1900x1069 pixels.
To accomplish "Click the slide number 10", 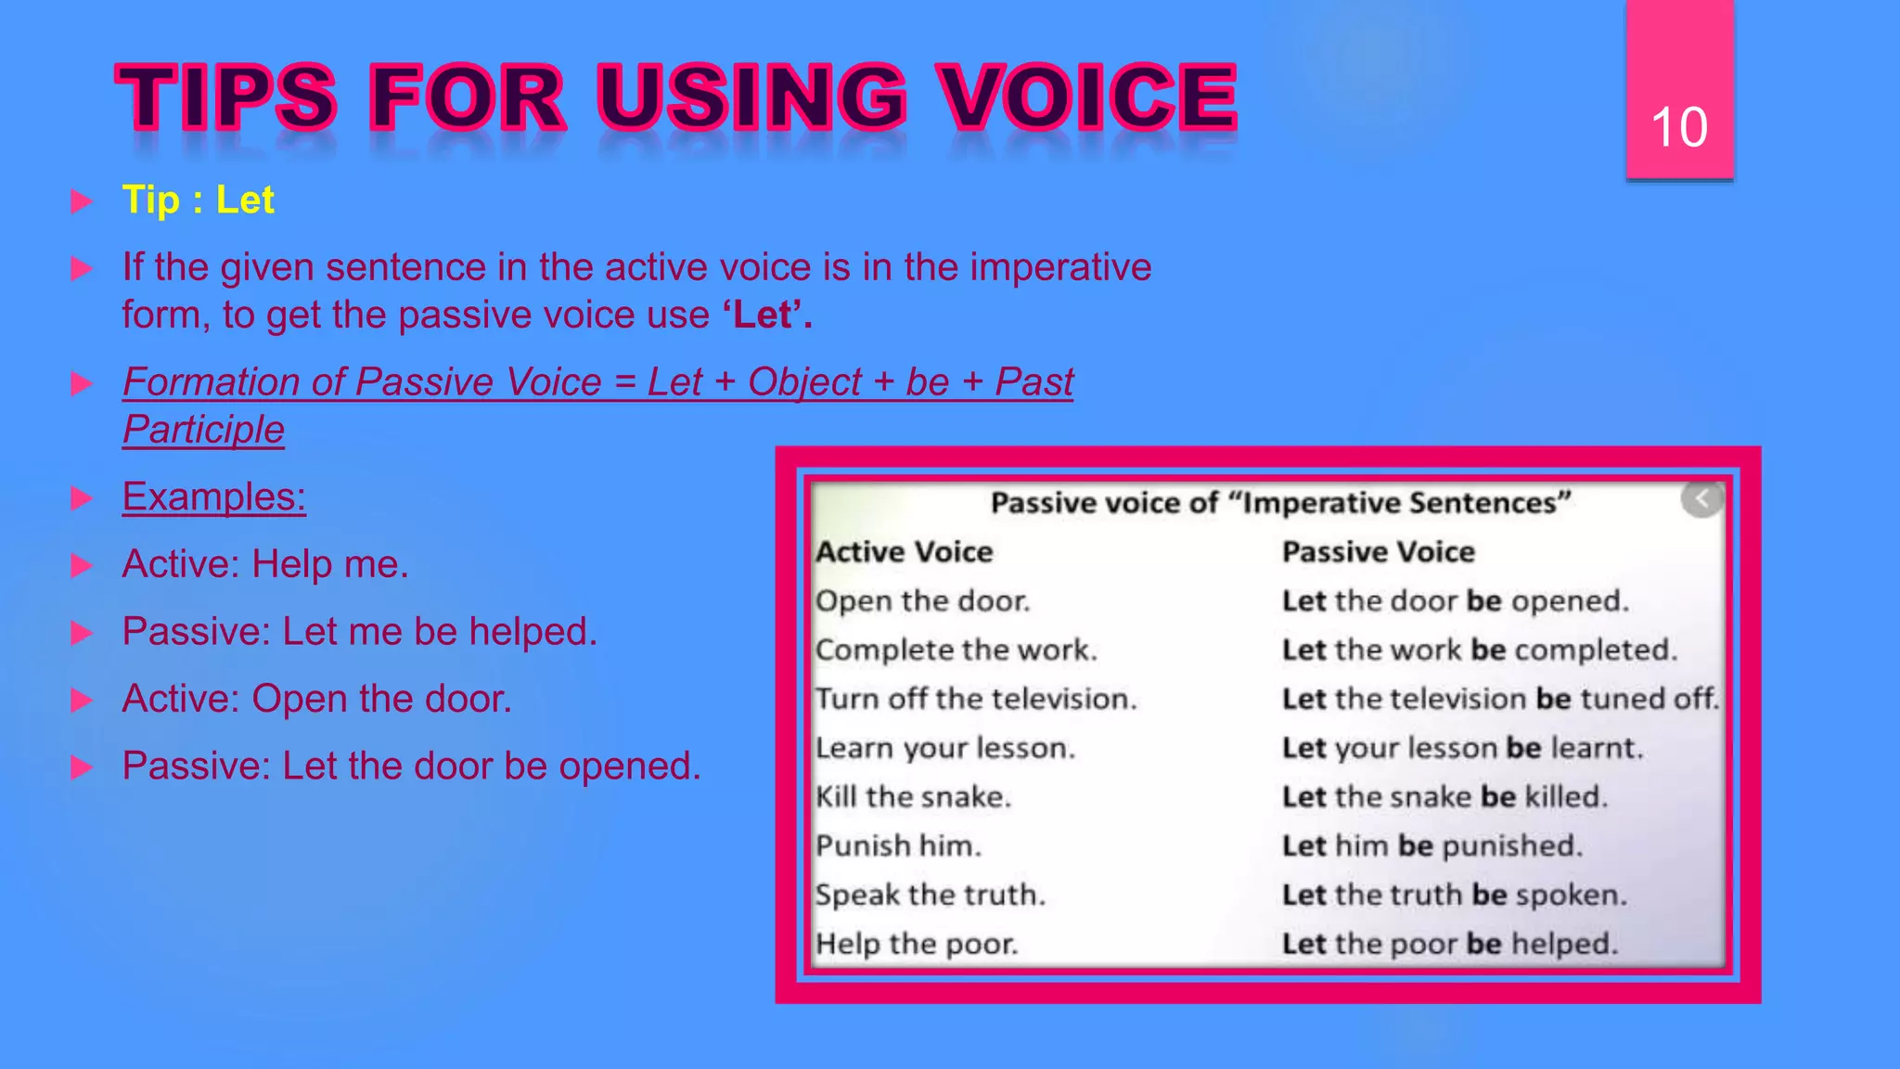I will click(x=1678, y=127).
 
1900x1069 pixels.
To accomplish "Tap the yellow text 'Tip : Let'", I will click(x=198, y=200).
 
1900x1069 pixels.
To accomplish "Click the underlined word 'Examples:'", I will click(x=214, y=497).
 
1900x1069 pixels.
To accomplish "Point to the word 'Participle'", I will click(x=203, y=430).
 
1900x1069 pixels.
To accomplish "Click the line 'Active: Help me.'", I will click(x=265, y=564).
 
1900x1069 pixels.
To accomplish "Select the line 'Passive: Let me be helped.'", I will click(x=360, y=632).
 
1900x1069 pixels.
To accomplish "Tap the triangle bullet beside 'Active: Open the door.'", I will click(x=82, y=700).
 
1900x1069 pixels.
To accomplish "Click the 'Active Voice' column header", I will click(x=905, y=552).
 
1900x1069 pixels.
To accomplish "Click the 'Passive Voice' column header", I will click(x=1378, y=552).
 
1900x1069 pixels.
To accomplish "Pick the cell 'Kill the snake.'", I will click(x=913, y=797).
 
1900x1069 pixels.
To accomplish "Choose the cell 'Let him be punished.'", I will click(x=1431, y=846).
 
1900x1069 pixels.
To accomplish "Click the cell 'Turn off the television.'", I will click(x=975, y=699).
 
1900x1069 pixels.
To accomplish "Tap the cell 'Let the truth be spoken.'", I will click(x=1454, y=895).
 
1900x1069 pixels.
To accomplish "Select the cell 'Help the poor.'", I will click(x=917, y=945).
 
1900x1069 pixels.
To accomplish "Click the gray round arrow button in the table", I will click(x=1701, y=500).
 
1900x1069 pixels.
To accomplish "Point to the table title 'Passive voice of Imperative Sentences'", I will click(x=1280, y=503).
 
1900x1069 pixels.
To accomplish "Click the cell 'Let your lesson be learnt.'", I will click(x=1462, y=748).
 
